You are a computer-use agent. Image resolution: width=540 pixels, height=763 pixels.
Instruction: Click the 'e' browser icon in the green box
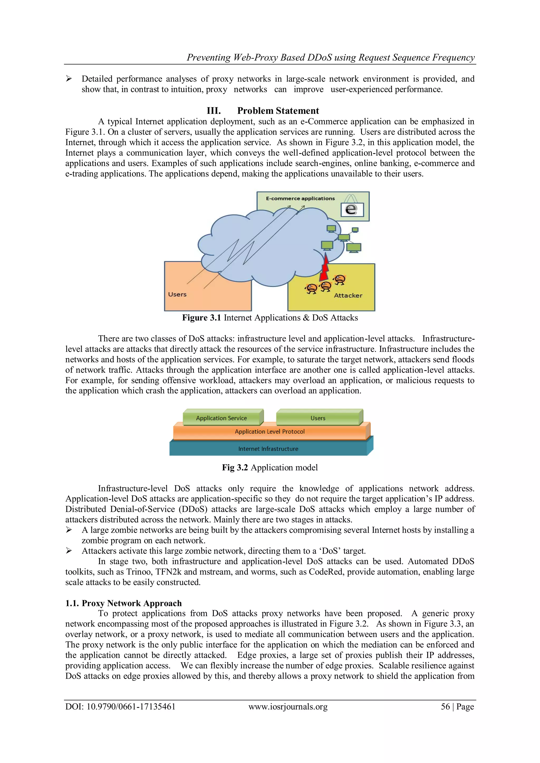[x=352, y=210]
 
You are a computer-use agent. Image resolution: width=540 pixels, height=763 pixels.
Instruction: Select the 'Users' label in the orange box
[x=177, y=295]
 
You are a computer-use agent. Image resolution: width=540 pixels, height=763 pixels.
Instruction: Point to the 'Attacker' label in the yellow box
[x=348, y=295]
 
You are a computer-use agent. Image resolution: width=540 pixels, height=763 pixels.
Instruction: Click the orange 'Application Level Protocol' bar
[x=270, y=432]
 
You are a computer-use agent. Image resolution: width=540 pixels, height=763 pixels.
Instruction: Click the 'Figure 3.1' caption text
[x=201, y=318]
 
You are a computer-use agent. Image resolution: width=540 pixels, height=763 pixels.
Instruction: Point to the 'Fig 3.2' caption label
[x=235, y=468]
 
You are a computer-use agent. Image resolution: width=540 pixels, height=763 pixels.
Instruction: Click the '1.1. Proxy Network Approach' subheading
[x=123, y=603]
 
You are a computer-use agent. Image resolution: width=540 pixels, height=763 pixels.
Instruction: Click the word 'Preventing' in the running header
[x=208, y=57]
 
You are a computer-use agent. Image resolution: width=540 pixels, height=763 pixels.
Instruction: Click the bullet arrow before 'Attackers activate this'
[x=69, y=551]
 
